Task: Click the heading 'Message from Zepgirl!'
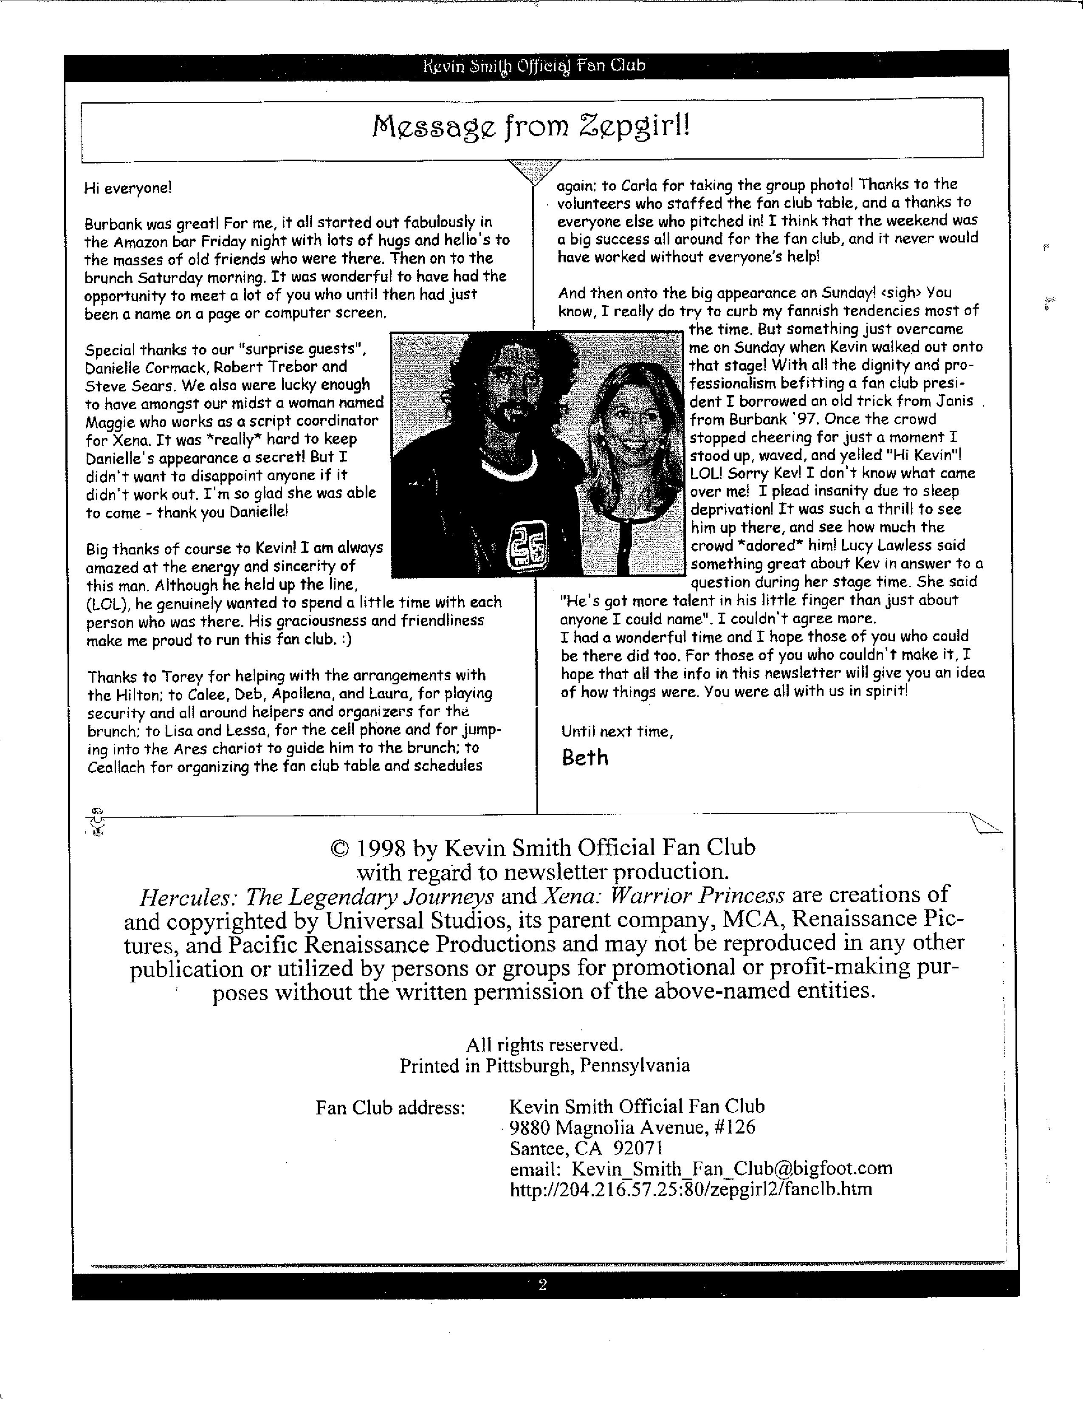tap(532, 127)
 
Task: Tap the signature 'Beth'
tap(584, 757)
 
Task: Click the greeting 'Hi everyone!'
tap(128, 188)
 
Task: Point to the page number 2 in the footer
tap(542, 1285)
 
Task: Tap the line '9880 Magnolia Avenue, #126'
tap(632, 1127)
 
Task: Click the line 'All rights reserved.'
tap(544, 1045)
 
